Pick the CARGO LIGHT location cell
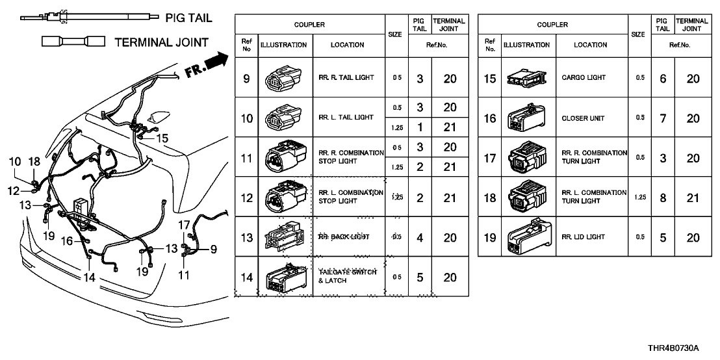pyautogui.click(x=583, y=78)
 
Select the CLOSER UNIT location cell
pyautogui.click(x=583, y=118)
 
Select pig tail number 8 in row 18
pyautogui.click(x=663, y=198)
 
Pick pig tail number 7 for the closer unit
pyautogui.click(x=663, y=118)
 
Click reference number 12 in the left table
pyautogui.click(x=246, y=198)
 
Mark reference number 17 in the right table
pyautogui.click(x=490, y=158)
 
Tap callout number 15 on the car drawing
pyautogui.click(x=162, y=138)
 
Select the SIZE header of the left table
pyautogui.click(x=394, y=34)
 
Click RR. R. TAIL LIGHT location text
pyautogui.click(x=346, y=78)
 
